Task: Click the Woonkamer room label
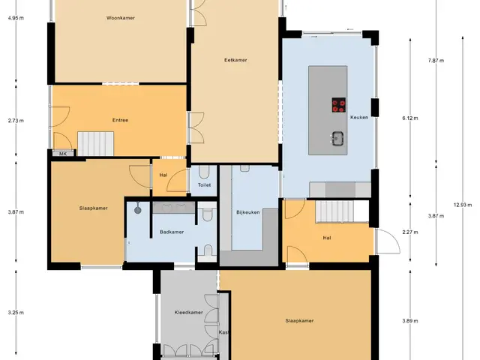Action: (121, 18)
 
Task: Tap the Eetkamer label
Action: (235, 60)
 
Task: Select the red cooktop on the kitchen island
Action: (339, 105)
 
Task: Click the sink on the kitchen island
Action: (337, 139)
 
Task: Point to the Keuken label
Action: (359, 117)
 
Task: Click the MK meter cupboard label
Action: (63, 154)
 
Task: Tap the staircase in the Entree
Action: (95, 143)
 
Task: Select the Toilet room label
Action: (204, 185)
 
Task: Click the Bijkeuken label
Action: (248, 212)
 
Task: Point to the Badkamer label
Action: (172, 232)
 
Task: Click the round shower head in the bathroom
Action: (138, 210)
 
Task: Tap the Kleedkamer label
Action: (188, 313)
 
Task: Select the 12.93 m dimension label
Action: (463, 205)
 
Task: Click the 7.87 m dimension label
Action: (436, 60)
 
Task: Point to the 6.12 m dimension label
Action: (410, 118)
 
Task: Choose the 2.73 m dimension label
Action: (16, 121)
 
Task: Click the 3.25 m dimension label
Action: (16, 313)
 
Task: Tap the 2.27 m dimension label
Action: (410, 232)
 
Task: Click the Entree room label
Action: (120, 120)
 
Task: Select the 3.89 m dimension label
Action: (410, 321)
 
